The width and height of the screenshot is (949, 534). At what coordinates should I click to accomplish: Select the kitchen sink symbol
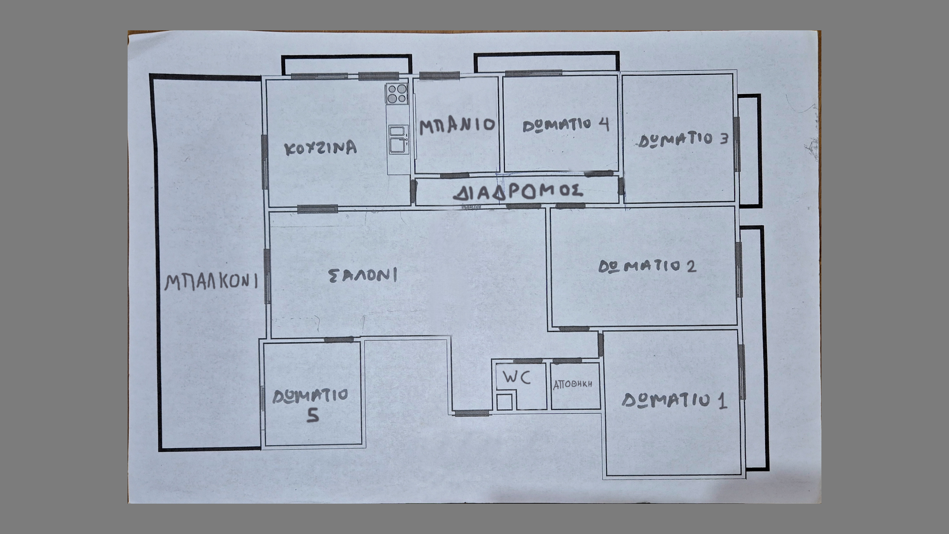399,139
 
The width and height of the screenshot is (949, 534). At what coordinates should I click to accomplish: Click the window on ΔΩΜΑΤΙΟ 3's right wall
737,144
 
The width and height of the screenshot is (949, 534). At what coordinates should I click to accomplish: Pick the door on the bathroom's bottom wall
455,175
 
